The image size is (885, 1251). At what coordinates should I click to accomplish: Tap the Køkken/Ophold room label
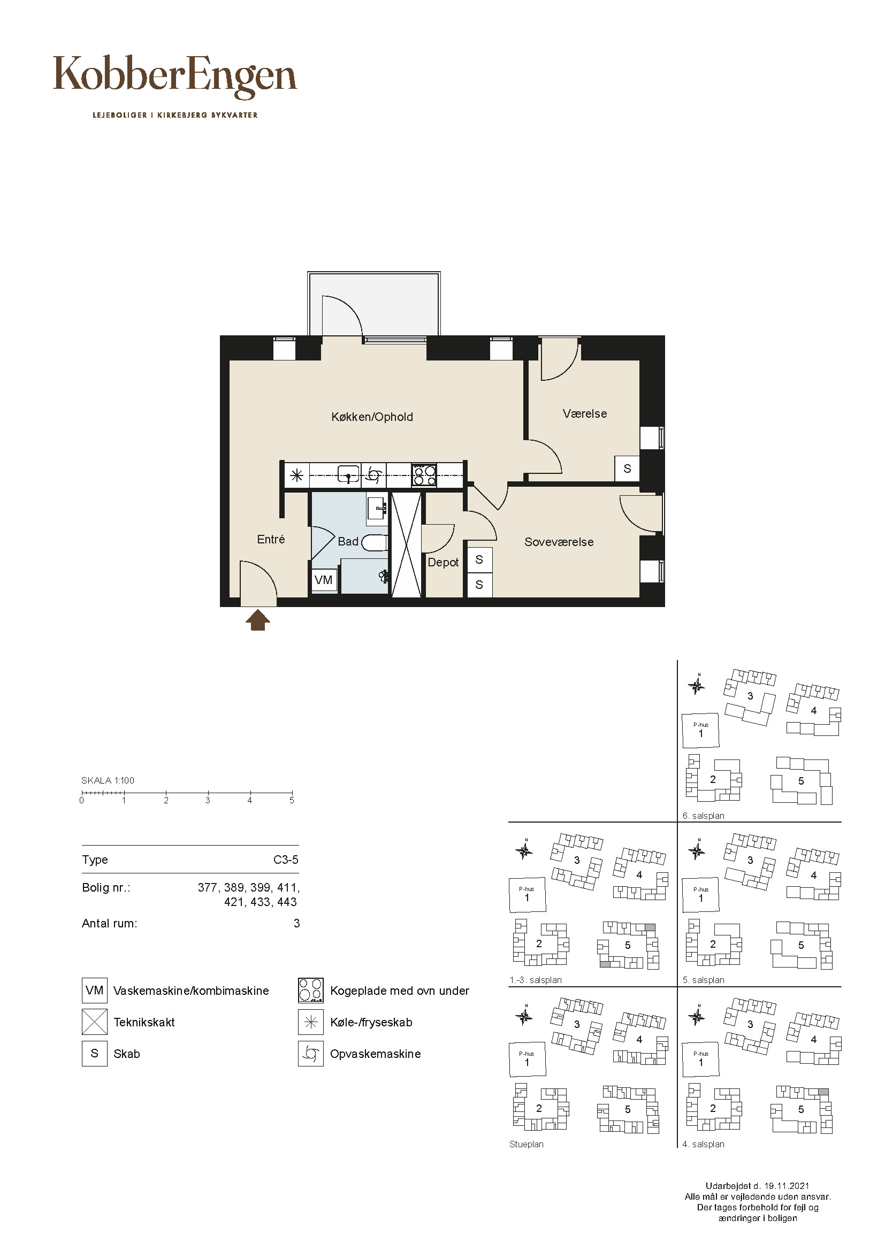[x=372, y=417]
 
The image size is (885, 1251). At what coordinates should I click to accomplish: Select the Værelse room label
[x=585, y=413]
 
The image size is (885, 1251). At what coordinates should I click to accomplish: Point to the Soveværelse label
[x=559, y=542]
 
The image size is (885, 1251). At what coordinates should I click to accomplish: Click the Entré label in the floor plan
[x=271, y=539]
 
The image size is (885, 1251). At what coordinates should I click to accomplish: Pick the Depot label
[x=443, y=562]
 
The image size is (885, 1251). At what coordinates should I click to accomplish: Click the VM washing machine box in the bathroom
[x=324, y=580]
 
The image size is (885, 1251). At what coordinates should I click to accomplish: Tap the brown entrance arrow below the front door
[x=258, y=620]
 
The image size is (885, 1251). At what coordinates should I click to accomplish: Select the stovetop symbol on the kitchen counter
[x=424, y=474]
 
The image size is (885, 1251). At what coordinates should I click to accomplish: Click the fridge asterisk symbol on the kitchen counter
[x=296, y=475]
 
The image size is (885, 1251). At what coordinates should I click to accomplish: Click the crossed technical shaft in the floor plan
[x=407, y=545]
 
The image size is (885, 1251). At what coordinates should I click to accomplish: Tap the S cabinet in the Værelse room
[x=627, y=468]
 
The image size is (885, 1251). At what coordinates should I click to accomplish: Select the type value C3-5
[x=286, y=859]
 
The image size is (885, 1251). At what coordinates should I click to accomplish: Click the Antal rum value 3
[x=296, y=923]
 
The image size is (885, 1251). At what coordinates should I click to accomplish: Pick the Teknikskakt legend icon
[x=95, y=1022]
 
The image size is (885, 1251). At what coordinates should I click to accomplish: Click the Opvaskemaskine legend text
[x=376, y=1054]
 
